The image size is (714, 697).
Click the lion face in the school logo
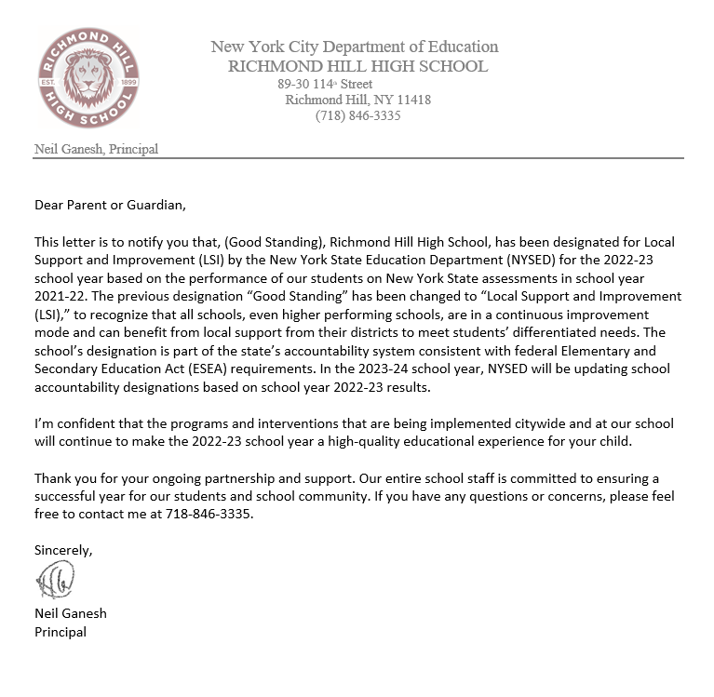point(88,78)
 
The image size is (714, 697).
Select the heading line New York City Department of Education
point(354,47)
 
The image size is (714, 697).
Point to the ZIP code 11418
point(413,100)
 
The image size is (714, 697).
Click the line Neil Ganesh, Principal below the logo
point(96,149)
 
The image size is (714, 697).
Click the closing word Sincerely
point(63,550)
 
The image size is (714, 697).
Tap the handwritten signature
point(56,582)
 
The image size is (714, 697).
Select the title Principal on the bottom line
point(61,631)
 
